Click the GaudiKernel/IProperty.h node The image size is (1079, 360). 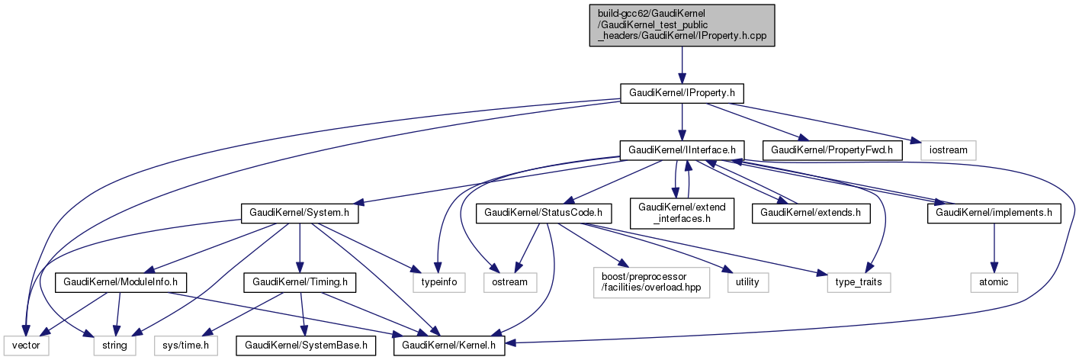click(682, 93)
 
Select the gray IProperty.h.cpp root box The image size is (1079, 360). click(682, 25)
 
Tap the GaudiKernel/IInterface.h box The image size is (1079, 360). click(682, 149)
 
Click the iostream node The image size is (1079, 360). click(948, 149)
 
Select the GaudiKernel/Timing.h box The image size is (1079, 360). click(300, 282)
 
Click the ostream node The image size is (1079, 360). click(509, 282)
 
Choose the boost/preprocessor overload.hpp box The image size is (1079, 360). click(649, 282)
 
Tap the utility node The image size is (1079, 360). click(747, 282)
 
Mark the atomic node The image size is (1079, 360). click(994, 282)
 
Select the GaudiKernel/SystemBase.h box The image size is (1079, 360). click(304, 346)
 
